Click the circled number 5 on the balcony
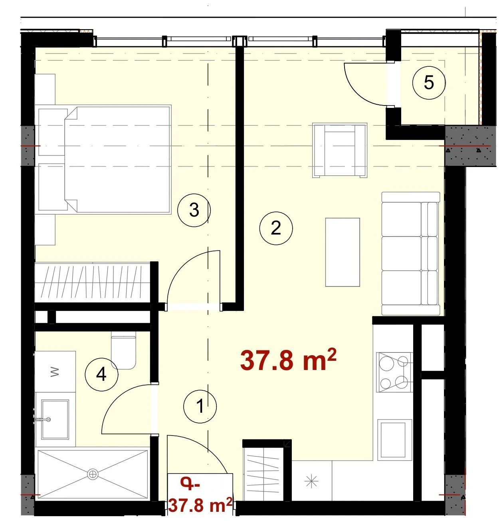[429, 83]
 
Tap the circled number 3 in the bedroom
[194, 210]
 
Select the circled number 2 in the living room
[276, 229]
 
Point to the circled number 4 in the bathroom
[101, 374]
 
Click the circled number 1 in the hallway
[200, 407]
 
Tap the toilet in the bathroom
[123, 350]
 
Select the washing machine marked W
[55, 372]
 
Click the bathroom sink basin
[55, 420]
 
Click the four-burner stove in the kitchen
[394, 372]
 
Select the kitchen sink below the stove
[394, 440]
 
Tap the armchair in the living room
[340, 150]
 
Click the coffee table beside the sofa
[343, 252]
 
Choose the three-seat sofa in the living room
[411, 253]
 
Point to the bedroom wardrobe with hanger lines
[93, 283]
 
